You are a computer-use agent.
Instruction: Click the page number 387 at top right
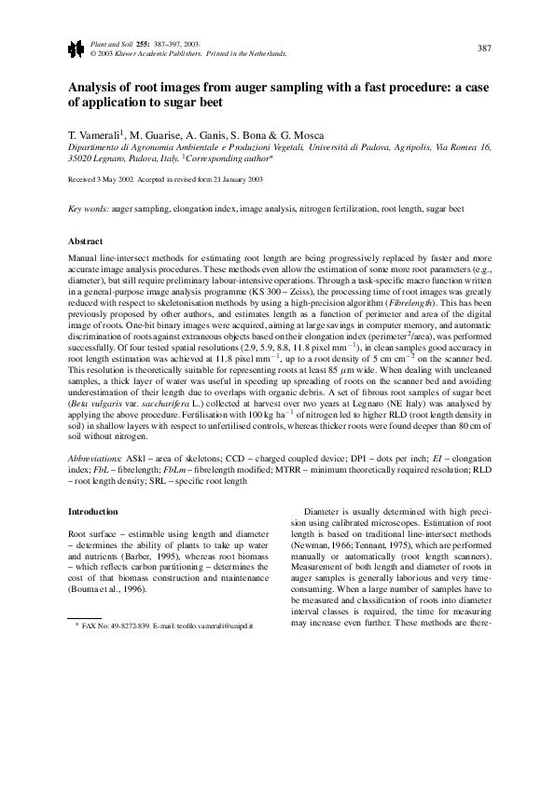pos(483,48)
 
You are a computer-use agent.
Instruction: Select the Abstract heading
pos(87,239)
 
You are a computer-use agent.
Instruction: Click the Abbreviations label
pos(96,461)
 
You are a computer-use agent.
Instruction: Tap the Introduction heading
pos(94,512)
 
